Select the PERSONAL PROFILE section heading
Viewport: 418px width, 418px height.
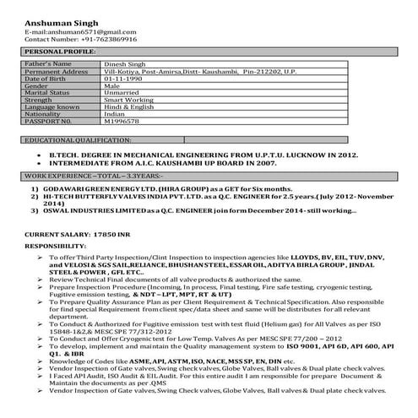55,52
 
